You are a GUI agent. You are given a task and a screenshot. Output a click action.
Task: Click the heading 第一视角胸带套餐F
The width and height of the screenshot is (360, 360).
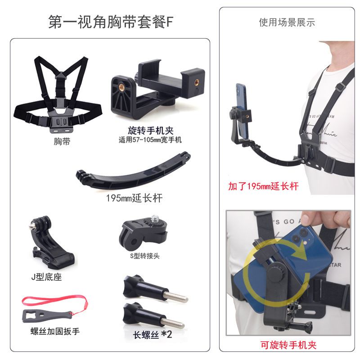tap(110, 22)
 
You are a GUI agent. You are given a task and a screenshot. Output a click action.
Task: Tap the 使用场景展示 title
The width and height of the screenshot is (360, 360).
tap(287, 22)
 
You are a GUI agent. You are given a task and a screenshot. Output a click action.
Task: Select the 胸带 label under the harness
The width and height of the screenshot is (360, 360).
tap(62, 141)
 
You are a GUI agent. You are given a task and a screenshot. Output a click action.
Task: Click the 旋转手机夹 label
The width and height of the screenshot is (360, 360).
tap(151, 130)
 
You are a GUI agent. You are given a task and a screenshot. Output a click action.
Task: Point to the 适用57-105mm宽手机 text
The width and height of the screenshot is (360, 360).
tap(150, 140)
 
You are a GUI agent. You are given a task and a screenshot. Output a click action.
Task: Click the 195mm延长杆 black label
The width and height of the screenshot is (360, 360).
tap(134, 198)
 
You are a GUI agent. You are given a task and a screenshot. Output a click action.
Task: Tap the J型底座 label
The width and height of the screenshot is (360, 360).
tap(47, 277)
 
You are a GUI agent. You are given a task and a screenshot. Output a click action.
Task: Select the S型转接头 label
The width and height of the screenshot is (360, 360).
tap(144, 256)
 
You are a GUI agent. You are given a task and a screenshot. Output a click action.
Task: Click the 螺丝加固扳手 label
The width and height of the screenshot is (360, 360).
tap(55, 331)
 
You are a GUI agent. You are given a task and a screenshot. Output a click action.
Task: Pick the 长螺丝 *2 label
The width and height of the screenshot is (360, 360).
tap(153, 334)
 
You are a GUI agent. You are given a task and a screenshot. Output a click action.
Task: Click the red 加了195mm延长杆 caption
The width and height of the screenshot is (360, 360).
tap(263, 186)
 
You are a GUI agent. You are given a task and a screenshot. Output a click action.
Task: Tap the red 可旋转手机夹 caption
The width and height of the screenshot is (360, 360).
tap(288, 345)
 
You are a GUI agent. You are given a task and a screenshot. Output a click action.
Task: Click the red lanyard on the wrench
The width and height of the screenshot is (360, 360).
tap(55, 301)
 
